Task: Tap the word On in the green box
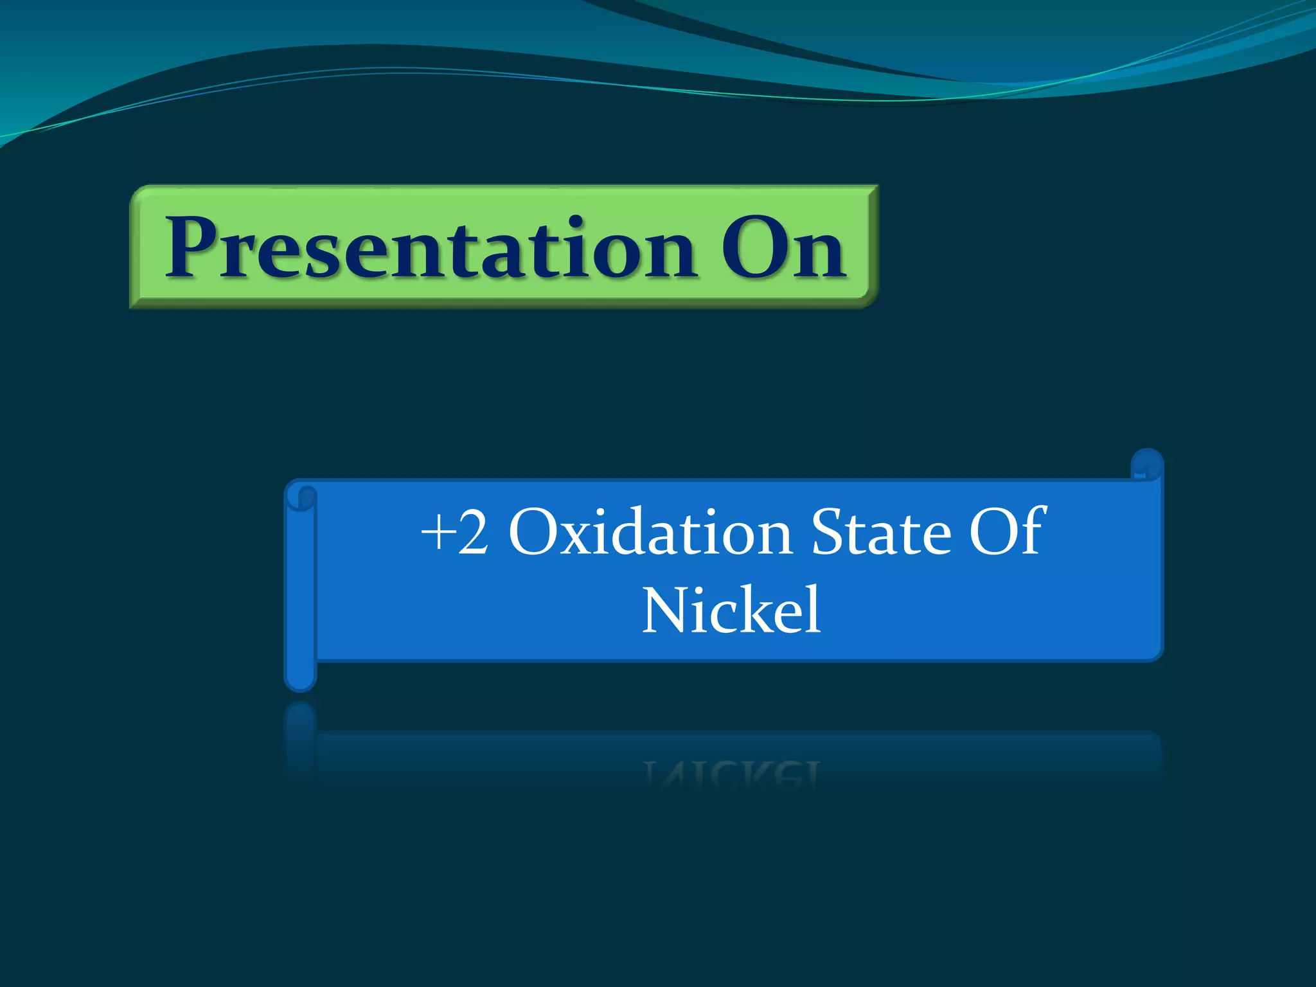[782, 249]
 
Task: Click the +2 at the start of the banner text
[454, 533]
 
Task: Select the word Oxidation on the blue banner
[649, 533]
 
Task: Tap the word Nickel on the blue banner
[731, 610]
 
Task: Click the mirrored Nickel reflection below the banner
[731, 774]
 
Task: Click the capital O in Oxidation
[535, 533]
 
